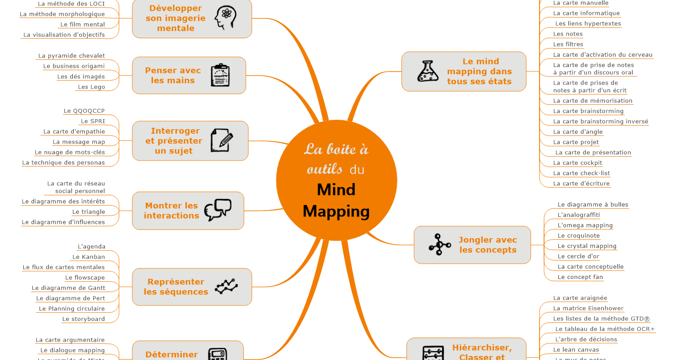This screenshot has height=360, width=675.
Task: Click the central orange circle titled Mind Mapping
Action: click(336, 180)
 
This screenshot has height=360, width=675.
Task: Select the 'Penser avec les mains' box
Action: click(189, 76)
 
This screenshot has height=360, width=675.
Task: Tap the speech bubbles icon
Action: click(218, 210)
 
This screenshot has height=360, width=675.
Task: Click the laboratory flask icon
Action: click(427, 71)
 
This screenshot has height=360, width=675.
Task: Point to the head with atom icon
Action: click(224, 18)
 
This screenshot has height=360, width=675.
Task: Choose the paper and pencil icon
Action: click(222, 140)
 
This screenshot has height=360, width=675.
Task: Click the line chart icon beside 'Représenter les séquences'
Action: click(226, 287)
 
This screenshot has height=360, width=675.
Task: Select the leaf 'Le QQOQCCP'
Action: click(84, 111)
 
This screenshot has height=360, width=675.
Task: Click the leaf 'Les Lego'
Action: click(91, 87)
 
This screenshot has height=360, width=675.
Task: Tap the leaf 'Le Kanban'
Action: click(89, 257)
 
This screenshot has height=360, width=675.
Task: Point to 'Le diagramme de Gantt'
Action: click(68, 288)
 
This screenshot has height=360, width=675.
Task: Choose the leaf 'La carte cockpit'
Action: click(577, 163)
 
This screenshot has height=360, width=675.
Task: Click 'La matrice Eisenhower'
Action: click(588, 308)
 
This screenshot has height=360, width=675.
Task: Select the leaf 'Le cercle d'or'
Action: click(578, 256)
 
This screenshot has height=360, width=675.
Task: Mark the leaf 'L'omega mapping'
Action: click(585, 225)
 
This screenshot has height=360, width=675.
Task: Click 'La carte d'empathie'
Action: click(74, 132)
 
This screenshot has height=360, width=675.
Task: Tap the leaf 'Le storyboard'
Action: click(84, 319)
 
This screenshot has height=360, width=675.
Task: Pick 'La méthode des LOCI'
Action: click(71, 4)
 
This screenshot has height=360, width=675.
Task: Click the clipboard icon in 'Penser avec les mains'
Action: click(220, 75)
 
